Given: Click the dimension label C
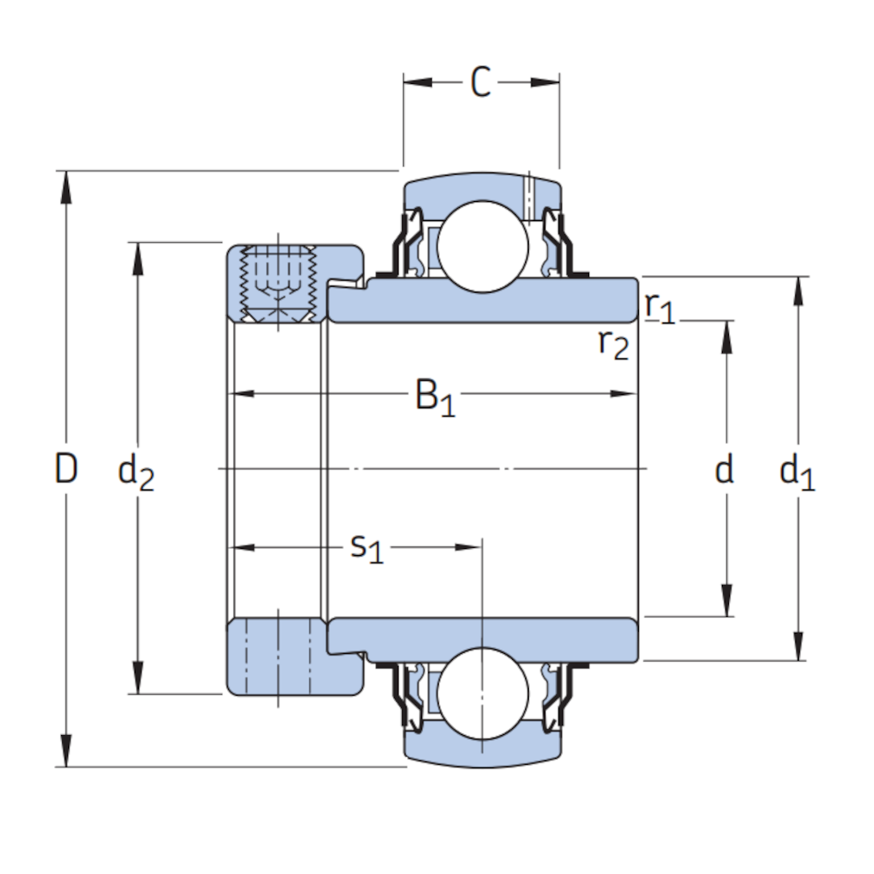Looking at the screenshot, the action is click(481, 82).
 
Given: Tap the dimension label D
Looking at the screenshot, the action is click(66, 468).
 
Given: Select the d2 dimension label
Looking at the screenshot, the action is click(136, 472).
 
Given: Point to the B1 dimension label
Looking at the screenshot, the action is click(435, 398).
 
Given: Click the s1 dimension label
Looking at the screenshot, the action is click(367, 548).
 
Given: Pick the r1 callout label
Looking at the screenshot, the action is click(659, 308).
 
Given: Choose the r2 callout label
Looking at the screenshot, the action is click(614, 343).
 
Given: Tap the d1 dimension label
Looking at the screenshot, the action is click(797, 472).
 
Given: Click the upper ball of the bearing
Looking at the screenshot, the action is click(482, 246).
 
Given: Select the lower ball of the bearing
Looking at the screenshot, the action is click(482, 693).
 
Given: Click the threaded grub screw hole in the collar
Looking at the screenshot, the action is click(278, 284).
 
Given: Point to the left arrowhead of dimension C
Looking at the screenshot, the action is click(418, 82).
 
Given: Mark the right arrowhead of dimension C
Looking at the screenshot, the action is click(545, 82).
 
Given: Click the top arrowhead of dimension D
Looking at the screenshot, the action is click(66, 187).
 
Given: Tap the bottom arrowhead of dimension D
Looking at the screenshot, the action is click(66, 751).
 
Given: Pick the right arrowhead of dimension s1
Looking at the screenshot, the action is click(468, 547).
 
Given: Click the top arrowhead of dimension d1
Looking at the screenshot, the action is click(798, 292).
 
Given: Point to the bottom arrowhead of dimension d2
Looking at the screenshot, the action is click(138, 678).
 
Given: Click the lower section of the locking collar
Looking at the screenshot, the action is click(295, 656).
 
